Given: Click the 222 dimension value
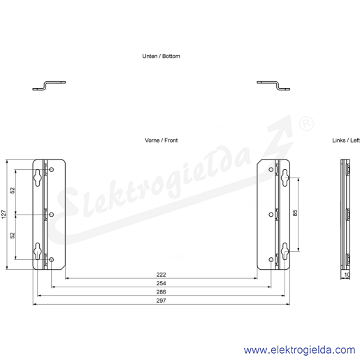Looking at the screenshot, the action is (x=161, y=275).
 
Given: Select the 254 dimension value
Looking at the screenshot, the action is (x=161, y=283).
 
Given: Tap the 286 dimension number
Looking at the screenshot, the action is (x=161, y=292).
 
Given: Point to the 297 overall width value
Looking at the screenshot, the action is (x=161, y=301).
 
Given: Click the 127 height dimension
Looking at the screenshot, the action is (x=4, y=215).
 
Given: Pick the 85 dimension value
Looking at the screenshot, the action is (x=295, y=213).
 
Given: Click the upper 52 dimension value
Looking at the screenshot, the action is (x=13, y=190).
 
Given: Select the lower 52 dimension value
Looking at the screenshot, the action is (x=13, y=236).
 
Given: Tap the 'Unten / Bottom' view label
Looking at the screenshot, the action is (x=161, y=56).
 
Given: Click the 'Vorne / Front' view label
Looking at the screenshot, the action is (x=161, y=141).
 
